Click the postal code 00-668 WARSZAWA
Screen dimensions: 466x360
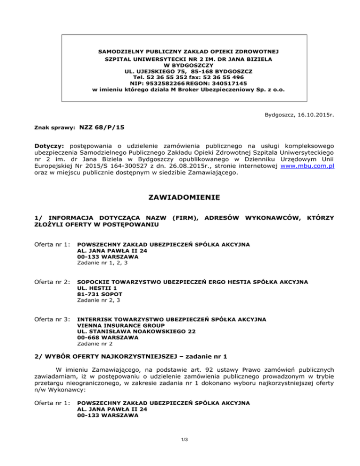click(x=107, y=338)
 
